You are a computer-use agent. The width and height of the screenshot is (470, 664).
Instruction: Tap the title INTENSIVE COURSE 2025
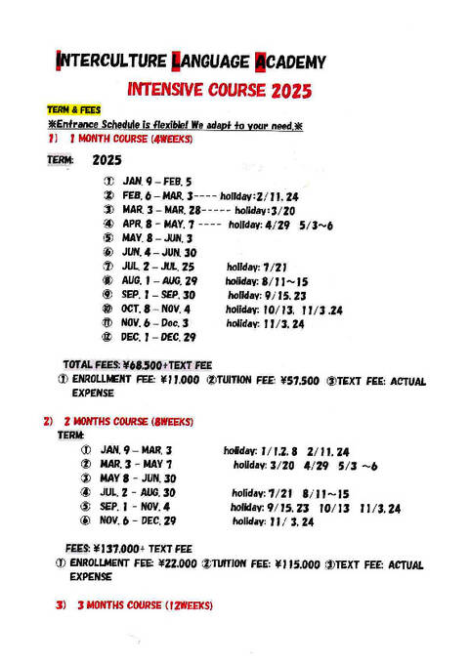(220, 92)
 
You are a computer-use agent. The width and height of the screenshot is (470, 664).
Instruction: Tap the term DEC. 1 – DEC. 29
(159, 337)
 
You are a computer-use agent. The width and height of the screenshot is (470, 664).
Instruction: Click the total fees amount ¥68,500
(146, 365)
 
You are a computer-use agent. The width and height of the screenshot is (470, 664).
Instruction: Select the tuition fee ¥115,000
(296, 563)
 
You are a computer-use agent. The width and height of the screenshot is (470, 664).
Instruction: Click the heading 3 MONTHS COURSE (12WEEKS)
(144, 606)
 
